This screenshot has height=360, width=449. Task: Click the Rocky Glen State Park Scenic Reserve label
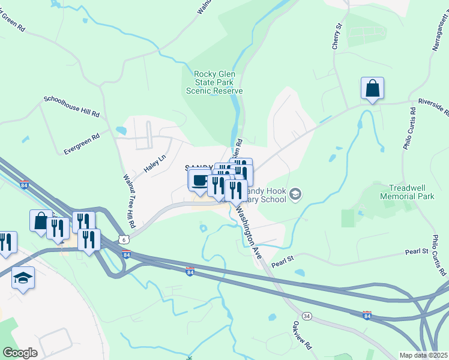pos(214,82)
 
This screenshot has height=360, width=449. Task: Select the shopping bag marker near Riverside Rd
pos(372,89)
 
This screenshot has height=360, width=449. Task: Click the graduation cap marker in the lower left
pos(23,278)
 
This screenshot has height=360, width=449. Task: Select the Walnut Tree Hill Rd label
pos(129,200)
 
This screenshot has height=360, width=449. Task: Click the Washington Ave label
pos(249,233)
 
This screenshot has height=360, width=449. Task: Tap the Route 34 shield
pos(307,315)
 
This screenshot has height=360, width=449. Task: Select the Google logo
pos(20,353)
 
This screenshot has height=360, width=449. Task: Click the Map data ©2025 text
pos(423,355)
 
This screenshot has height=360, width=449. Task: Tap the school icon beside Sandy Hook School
pos(295,194)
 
